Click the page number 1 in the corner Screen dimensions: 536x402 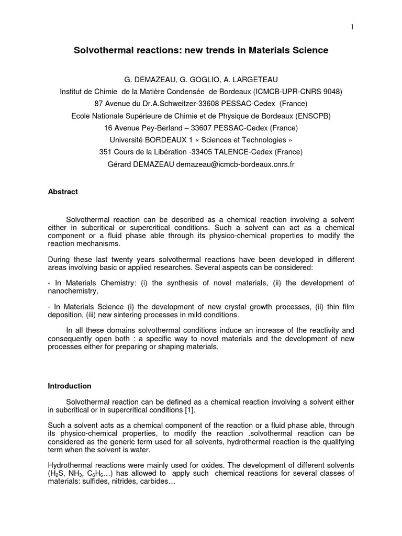pos(352,27)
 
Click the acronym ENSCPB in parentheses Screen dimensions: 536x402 pos(310,116)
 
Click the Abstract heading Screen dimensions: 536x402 pos(63,192)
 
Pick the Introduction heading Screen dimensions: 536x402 pos(70,386)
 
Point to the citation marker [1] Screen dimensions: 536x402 pos(190,410)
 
